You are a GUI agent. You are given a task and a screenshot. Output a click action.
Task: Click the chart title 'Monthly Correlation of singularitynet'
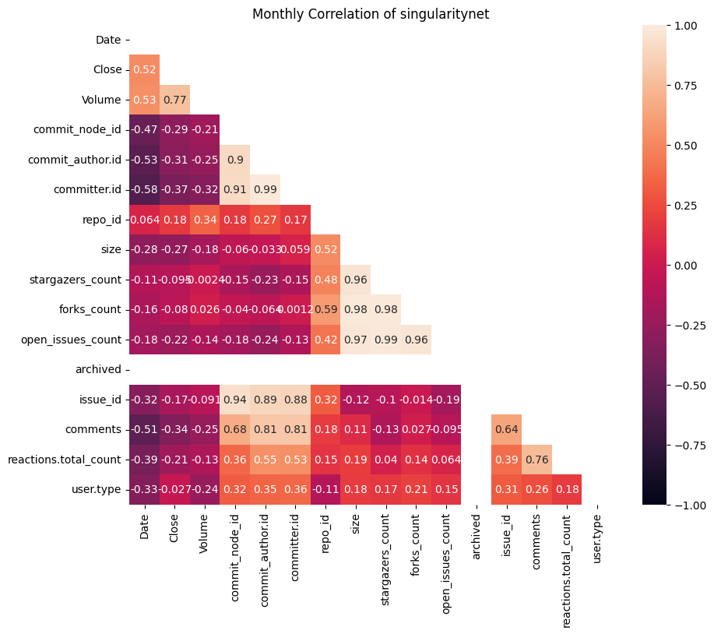[370, 14]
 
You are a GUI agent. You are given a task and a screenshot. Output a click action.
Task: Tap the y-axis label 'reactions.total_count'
[64, 460]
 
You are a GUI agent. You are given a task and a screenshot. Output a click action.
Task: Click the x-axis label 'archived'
[477, 537]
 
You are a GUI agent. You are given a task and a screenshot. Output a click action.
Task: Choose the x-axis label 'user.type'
[597, 539]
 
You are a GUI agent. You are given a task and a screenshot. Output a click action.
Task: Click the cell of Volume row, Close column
[174, 100]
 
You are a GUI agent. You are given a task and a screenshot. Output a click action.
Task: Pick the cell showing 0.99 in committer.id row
[265, 190]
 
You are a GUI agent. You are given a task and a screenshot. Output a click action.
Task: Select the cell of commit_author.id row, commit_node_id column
[235, 160]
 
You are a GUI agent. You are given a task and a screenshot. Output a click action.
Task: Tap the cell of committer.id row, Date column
[144, 190]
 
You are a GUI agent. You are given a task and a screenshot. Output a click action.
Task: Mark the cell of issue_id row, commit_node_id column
[235, 400]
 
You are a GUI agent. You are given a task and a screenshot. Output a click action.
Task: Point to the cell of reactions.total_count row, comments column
[536, 460]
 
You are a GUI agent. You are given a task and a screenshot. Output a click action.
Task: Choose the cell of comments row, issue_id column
[506, 430]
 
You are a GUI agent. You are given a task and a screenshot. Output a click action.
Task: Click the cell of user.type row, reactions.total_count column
[567, 490]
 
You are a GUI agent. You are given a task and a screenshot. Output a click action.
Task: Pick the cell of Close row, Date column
[144, 70]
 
